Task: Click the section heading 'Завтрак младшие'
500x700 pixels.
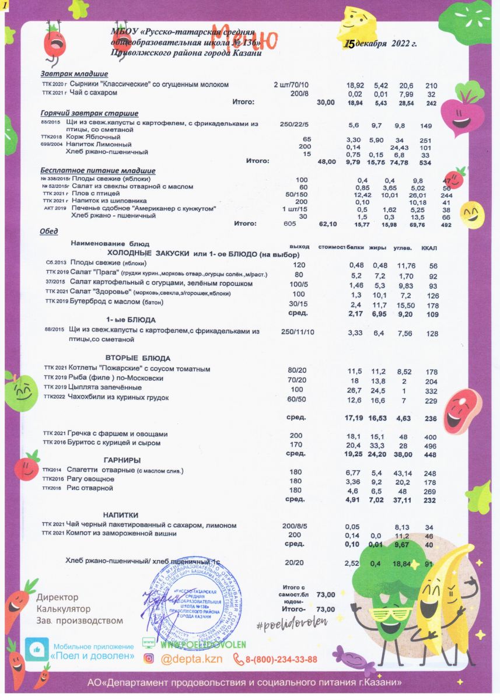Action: click(x=74, y=74)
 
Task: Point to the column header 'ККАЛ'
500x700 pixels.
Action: click(x=429, y=247)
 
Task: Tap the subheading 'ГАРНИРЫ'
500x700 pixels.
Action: click(x=122, y=460)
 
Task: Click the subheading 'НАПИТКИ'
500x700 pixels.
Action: click(x=120, y=515)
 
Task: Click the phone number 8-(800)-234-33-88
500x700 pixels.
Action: click(x=281, y=660)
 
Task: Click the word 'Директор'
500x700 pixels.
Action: click(x=57, y=598)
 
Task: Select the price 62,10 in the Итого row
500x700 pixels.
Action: click(x=328, y=223)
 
